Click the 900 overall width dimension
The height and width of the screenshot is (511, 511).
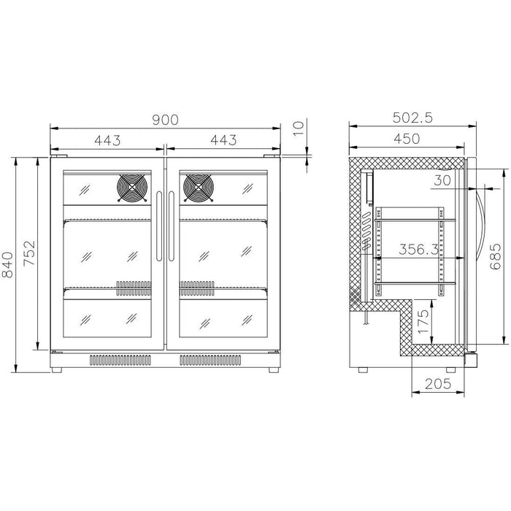click(x=166, y=120)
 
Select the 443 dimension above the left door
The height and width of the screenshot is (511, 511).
click(x=107, y=140)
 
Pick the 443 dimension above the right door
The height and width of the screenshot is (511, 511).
click(x=223, y=140)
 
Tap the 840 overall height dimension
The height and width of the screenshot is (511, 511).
click(x=7, y=264)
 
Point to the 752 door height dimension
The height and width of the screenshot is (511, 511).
click(x=29, y=253)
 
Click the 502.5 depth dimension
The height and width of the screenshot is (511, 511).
click(x=412, y=118)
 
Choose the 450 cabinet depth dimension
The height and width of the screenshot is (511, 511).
click(x=407, y=139)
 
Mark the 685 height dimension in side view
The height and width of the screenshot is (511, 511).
click(x=496, y=256)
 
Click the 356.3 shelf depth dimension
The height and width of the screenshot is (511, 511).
click(x=419, y=250)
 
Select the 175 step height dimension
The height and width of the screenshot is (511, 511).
click(x=423, y=321)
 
